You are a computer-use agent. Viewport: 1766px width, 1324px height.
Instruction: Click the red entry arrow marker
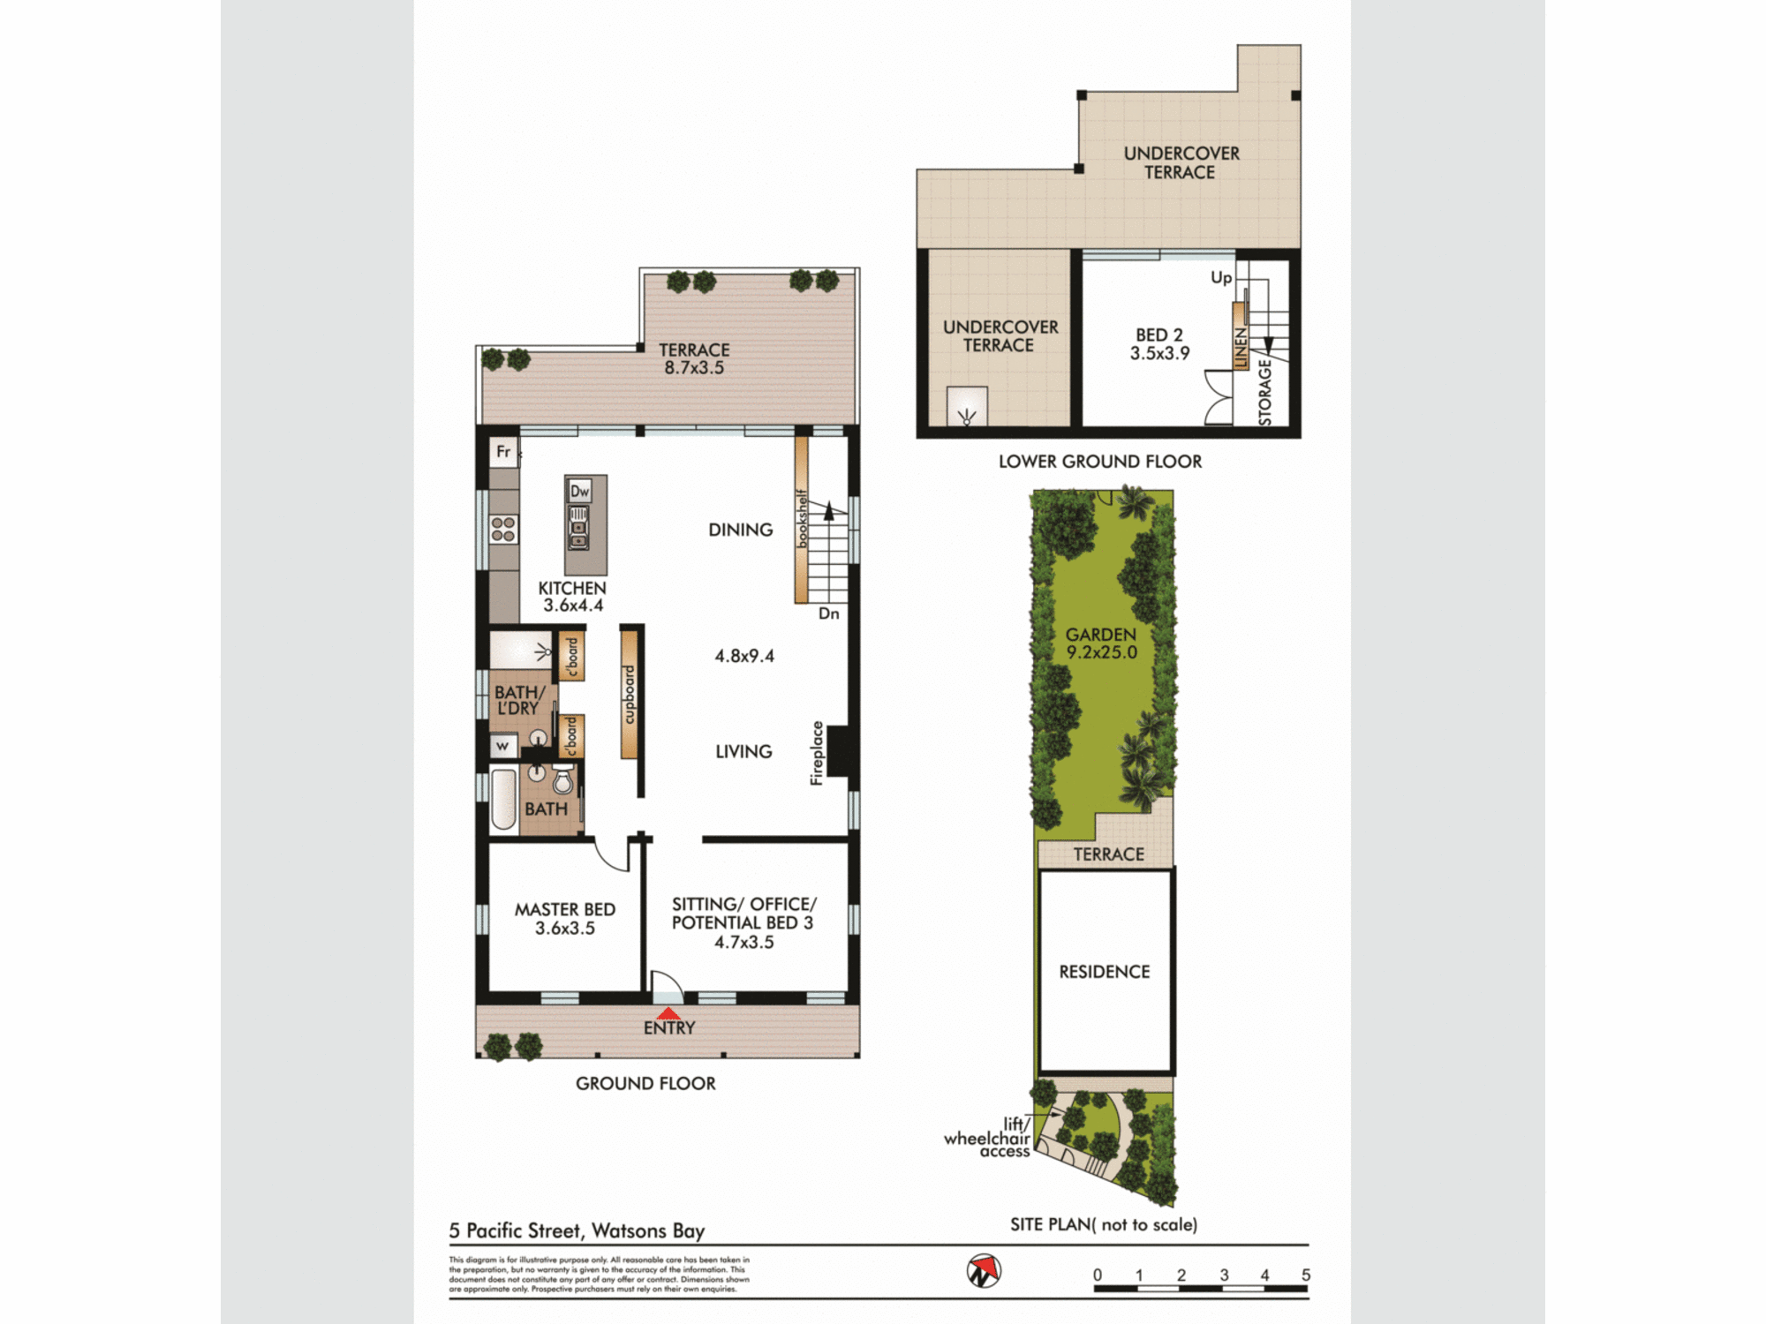669,1013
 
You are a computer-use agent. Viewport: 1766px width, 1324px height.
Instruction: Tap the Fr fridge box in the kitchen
503,452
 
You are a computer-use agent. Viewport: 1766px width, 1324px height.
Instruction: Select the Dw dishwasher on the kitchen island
579,492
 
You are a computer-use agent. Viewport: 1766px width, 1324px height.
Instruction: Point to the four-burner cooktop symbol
503,530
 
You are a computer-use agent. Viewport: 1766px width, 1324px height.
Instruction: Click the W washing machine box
502,746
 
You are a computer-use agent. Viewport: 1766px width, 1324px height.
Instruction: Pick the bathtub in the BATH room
503,799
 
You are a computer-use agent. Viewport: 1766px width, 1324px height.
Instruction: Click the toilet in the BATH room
562,780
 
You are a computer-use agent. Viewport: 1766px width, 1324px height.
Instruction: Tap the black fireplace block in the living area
839,751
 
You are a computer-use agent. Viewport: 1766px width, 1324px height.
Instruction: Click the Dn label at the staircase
828,613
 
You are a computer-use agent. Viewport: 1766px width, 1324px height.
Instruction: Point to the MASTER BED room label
565,909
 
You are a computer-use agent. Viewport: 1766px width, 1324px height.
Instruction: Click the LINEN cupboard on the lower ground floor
1241,346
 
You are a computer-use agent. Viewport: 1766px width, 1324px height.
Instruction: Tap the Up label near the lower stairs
1220,277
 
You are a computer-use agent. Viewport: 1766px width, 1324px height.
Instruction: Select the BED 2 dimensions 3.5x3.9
1159,353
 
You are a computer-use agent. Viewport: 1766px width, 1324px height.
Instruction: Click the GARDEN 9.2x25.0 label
1101,643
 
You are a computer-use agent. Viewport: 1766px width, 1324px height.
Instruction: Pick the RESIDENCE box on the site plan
1105,971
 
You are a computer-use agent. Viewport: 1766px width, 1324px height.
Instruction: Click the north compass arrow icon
984,1271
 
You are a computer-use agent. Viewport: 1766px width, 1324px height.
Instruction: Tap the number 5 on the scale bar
1305,1275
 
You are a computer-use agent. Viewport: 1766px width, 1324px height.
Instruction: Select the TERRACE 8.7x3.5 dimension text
694,368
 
